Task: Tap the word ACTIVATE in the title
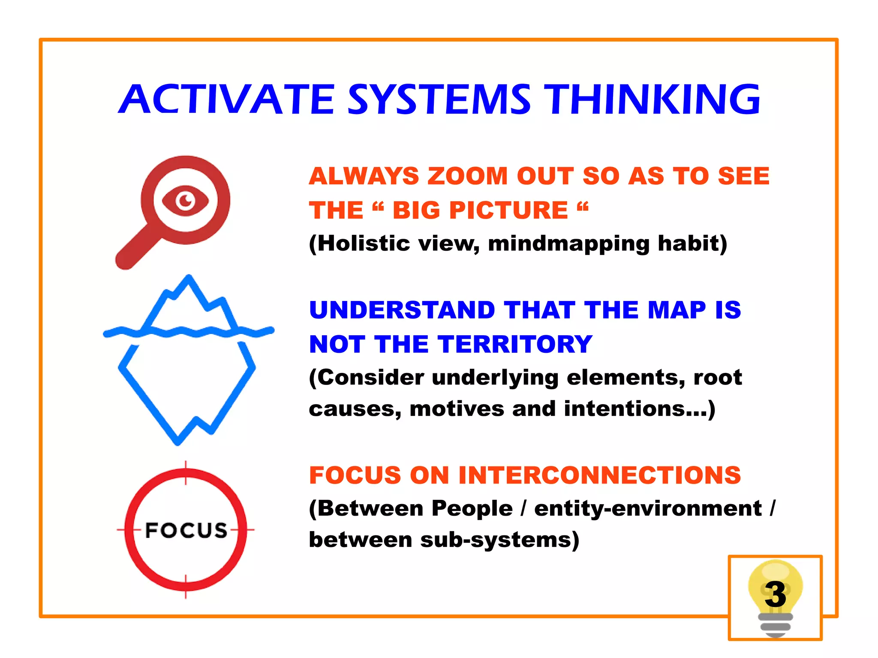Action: pyautogui.click(x=226, y=99)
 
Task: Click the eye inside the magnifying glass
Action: pyautogui.click(x=185, y=201)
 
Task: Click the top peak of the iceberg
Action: pyautogui.click(x=189, y=279)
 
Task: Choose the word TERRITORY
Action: pyautogui.click(x=515, y=344)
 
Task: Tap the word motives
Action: pyautogui.click(x=457, y=409)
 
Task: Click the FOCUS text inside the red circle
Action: pyautogui.click(x=186, y=530)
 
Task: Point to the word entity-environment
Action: pyautogui.click(x=648, y=509)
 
